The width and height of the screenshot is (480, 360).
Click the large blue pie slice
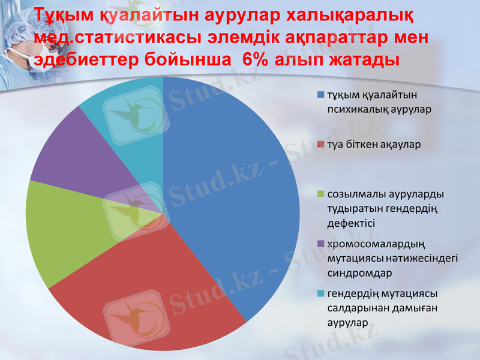click(x=234, y=192)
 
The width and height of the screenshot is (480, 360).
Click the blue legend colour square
click(x=321, y=95)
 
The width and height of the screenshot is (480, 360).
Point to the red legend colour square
click(x=321, y=145)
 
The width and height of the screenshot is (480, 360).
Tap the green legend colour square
click(x=321, y=194)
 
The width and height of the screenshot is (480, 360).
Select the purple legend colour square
click(x=321, y=244)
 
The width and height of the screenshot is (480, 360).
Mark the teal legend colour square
click(x=321, y=293)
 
